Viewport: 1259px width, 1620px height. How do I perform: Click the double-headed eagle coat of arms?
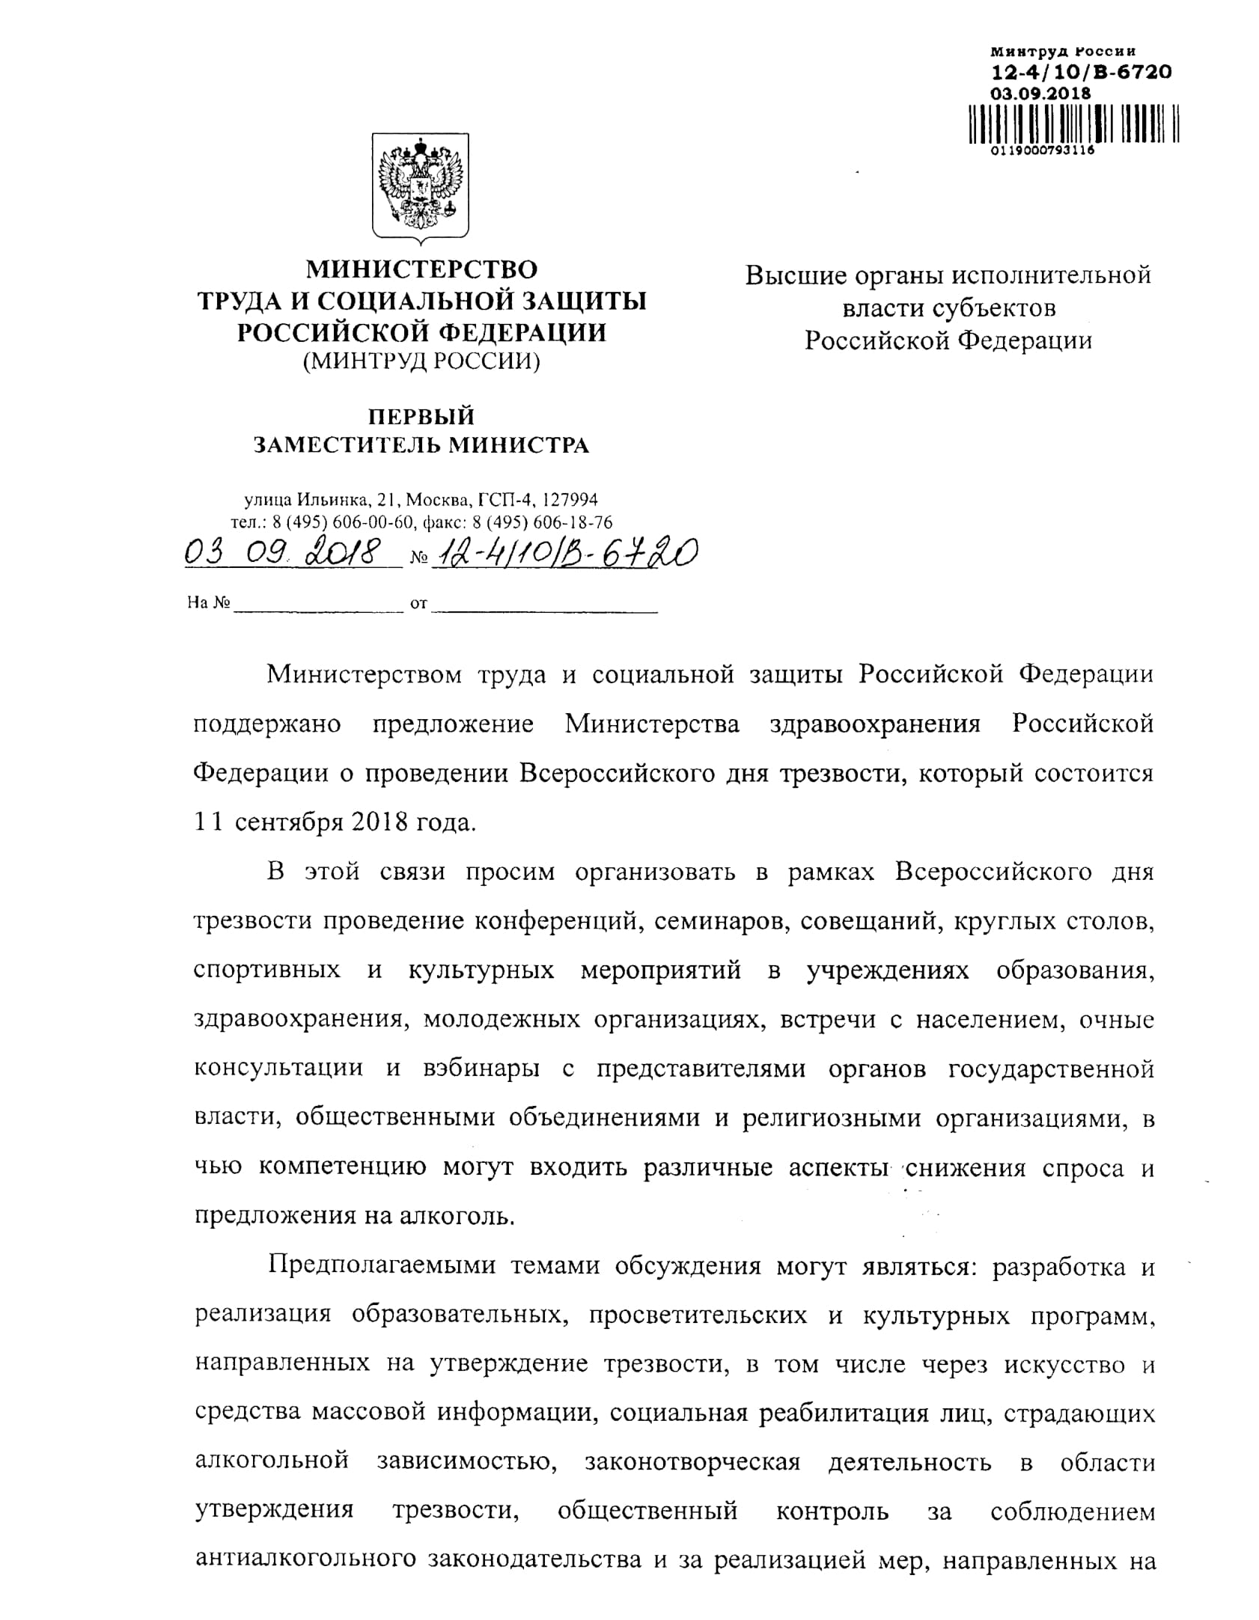pos(421,186)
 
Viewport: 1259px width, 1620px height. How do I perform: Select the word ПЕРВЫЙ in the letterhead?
pos(421,415)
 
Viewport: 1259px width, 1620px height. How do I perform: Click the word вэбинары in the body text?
pos(483,1068)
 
